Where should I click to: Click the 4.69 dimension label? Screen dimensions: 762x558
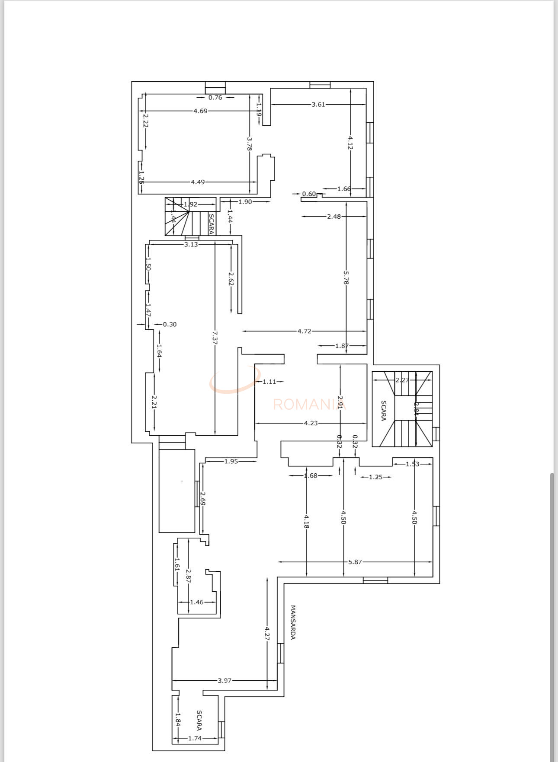point(200,111)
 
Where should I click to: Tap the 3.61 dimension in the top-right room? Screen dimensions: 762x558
point(318,105)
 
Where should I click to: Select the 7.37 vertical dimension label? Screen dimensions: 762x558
point(215,337)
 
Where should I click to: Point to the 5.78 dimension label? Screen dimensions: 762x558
point(346,277)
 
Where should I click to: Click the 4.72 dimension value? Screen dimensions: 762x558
point(304,332)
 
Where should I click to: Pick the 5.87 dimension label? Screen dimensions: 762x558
point(355,562)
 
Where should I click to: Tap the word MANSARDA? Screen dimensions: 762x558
point(293,622)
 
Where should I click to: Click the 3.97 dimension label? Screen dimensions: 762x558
point(224,681)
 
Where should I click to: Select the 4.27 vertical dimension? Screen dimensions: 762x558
point(267,634)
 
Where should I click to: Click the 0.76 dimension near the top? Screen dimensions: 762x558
point(215,98)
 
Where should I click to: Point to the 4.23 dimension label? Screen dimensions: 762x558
point(311,424)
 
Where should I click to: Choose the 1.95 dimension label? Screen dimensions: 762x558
point(231,462)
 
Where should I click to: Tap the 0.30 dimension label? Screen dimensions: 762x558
point(170,325)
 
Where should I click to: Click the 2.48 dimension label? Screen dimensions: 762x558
point(334,217)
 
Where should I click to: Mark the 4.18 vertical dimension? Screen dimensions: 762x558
point(306,521)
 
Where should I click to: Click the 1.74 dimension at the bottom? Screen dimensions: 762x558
point(195,739)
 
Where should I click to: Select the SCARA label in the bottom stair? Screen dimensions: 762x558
point(199,720)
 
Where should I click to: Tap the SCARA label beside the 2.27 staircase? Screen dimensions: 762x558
point(383,410)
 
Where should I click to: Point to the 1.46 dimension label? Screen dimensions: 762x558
point(196,602)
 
